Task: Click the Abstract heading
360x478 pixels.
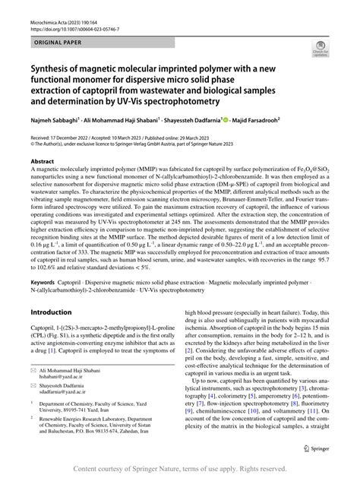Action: click(x=42, y=162)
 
